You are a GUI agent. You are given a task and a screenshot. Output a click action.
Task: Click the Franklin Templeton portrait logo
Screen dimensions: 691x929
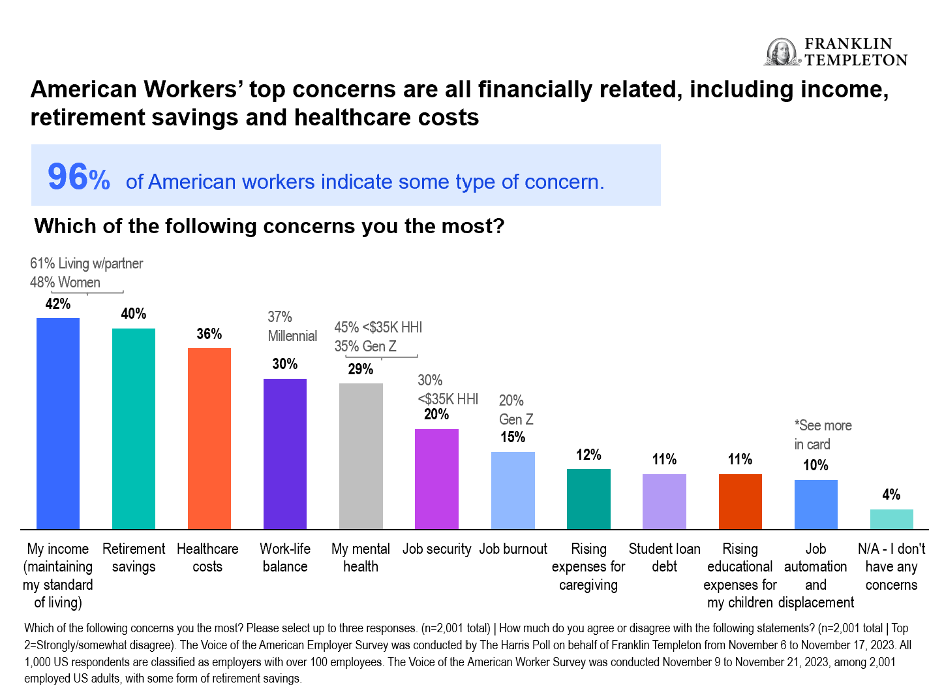(x=782, y=52)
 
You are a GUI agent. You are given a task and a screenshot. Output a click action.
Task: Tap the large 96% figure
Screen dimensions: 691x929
(x=78, y=177)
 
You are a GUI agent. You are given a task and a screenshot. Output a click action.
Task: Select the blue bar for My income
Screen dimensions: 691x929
(x=58, y=423)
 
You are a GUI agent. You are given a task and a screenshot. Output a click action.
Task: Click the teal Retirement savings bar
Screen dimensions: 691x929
(x=134, y=428)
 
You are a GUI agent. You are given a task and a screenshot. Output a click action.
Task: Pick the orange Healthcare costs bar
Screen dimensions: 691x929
(x=209, y=438)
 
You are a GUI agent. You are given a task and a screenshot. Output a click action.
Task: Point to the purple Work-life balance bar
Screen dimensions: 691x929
(x=285, y=454)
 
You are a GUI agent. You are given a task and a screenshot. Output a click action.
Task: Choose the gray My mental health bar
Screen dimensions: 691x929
(x=361, y=456)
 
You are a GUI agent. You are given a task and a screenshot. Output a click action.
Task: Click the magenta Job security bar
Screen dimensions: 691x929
(x=436, y=479)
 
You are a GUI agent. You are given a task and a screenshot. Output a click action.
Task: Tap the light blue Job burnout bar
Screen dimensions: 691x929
(x=513, y=490)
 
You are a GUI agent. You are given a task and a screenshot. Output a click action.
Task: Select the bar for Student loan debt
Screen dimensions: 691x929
(x=664, y=502)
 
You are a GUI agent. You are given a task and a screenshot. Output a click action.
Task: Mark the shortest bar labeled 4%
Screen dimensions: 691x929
(x=891, y=519)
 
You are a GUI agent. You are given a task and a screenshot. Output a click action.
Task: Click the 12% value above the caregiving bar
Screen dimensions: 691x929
(x=588, y=455)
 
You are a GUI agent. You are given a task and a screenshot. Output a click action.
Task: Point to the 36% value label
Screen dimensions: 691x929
(x=209, y=334)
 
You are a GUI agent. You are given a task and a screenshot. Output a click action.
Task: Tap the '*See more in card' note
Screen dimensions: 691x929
(x=823, y=435)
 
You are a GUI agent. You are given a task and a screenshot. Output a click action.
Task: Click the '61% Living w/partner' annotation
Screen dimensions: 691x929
(x=87, y=263)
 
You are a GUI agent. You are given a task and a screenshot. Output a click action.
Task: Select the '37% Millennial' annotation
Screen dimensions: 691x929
(x=292, y=327)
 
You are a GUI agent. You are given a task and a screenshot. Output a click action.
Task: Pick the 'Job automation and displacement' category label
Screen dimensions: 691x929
(x=815, y=575)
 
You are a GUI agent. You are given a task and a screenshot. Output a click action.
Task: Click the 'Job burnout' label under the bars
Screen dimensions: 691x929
(x=513, y=549)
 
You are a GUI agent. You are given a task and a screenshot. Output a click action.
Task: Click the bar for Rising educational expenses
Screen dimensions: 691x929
(x=740, y=502)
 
